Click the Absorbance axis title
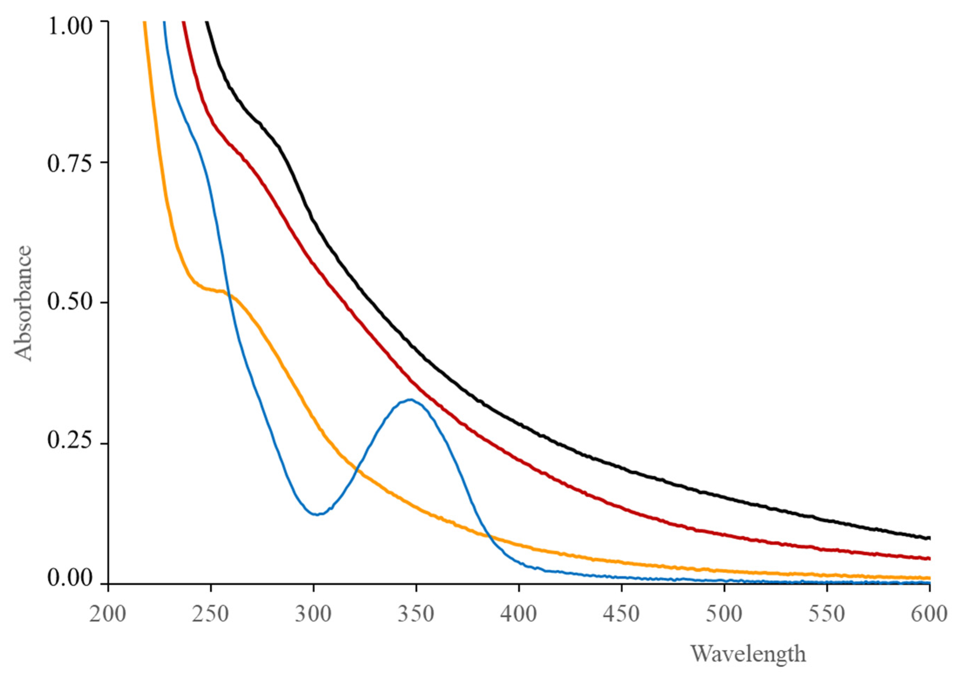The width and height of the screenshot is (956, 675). coord(23,303)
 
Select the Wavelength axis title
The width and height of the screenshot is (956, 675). coord(748,653)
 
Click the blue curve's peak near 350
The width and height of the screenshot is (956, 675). coord(410,400)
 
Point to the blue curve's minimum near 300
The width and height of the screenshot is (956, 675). coord(317,514)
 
